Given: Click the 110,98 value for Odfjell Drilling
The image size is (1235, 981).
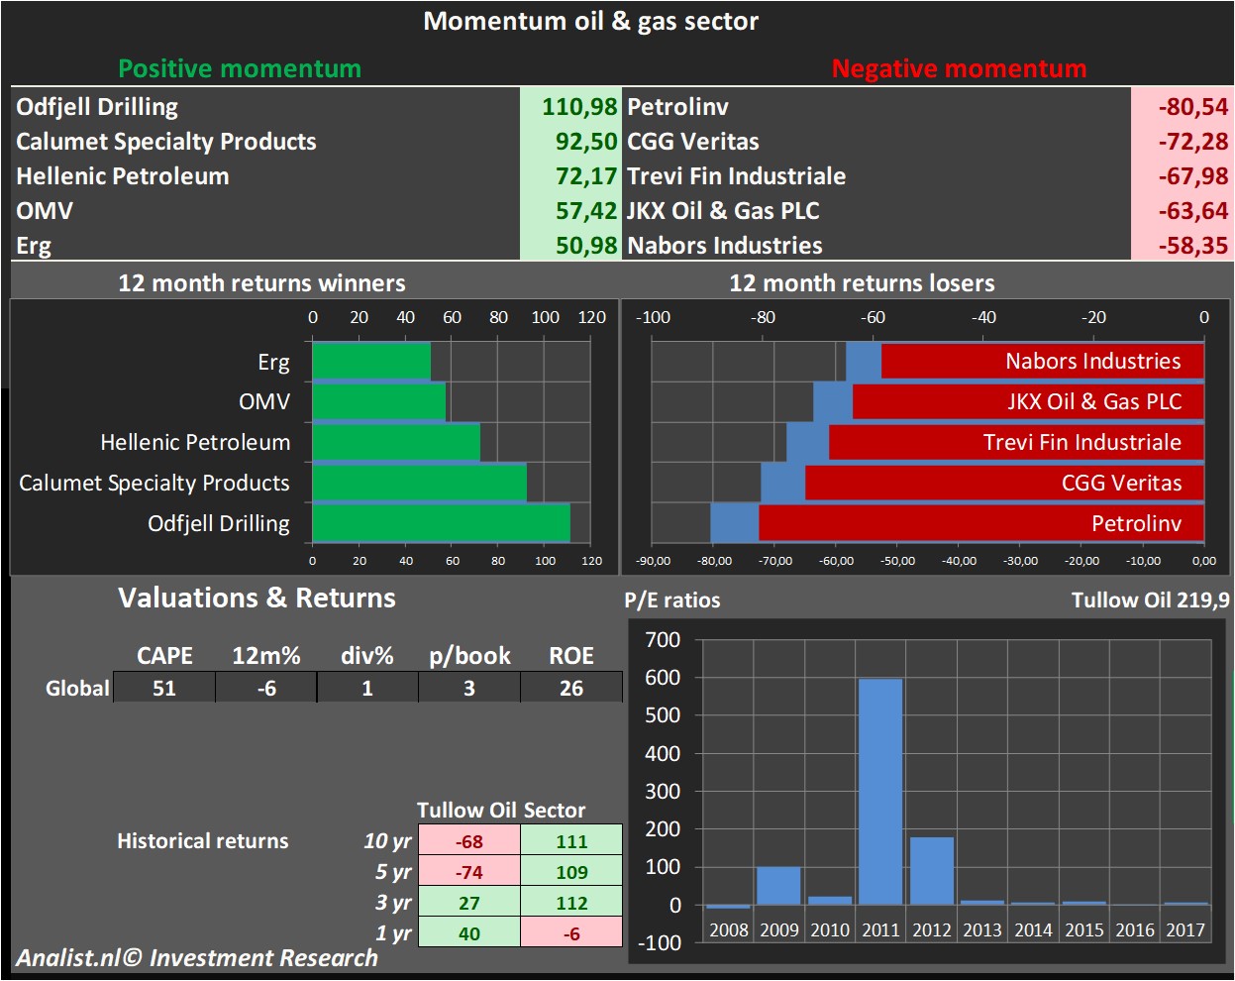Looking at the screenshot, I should pos(578,107).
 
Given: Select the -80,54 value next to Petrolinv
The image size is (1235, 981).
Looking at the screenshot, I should pos(1192,107).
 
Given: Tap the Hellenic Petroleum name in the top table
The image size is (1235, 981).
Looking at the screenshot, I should pos(123,176).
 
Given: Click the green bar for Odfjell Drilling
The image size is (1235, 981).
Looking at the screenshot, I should pos(441,523).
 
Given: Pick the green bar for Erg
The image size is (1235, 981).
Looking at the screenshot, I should pos(371,361).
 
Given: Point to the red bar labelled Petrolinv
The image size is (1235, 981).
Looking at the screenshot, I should pos(980,523).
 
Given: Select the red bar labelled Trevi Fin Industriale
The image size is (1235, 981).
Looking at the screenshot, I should pos(1015,442).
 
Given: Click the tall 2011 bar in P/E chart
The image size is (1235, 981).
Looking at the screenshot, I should pos(880,791).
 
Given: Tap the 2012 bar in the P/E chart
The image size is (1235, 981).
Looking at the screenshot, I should pos(931,871).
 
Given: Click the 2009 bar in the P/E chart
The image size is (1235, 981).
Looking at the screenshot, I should pos(778,886).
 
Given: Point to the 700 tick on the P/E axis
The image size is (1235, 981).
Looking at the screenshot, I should pos(663,640).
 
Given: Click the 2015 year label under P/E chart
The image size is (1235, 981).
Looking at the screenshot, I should pos(1083,929).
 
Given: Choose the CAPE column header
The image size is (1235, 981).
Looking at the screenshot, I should pos(164,656).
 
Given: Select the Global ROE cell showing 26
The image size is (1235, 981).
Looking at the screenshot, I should pos(571,688).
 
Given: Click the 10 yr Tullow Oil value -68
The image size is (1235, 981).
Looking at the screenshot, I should pos(468,841).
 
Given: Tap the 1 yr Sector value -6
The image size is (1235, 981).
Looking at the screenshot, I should pos(571,933).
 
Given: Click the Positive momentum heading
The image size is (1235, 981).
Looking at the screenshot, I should pos(240,68).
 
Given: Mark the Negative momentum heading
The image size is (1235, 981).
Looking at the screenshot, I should pos(959,68).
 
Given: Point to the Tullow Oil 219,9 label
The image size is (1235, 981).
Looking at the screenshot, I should pos(1150,599).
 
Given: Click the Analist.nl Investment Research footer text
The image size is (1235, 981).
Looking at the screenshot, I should pos(196,958).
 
